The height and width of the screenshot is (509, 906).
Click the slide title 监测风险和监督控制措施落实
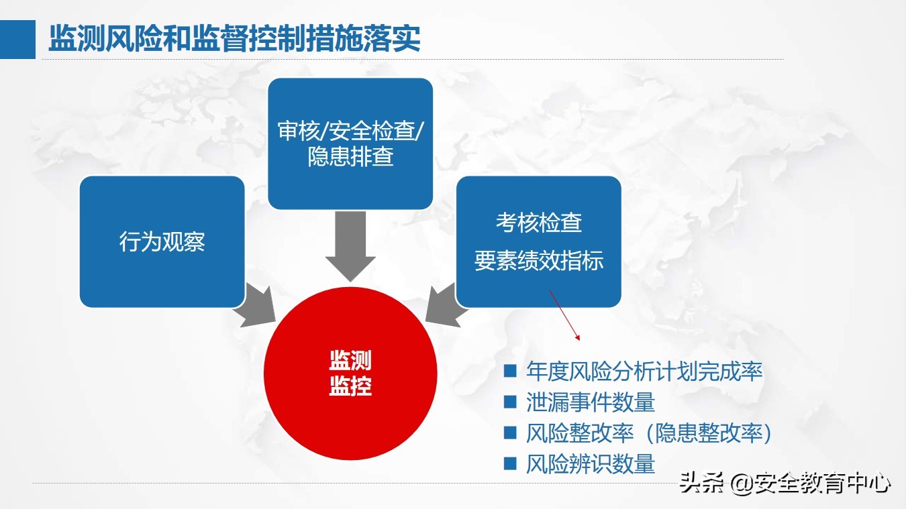[234, 40]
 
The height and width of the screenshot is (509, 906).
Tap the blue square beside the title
[17, 40]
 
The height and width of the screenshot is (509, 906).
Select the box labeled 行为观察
[162, 242]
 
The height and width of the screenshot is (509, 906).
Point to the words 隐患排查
[350, 157]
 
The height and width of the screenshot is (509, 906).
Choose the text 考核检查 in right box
[538, 223]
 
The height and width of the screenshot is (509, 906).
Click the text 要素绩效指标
[538, 261]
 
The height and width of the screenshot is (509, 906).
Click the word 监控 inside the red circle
[350, 387]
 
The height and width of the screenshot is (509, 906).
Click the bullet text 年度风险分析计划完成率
[644, 371]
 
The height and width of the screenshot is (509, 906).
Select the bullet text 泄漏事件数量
[591, 402]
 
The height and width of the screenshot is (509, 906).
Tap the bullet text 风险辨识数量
[591, 464]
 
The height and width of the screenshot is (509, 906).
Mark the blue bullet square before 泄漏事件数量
[510, 402]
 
